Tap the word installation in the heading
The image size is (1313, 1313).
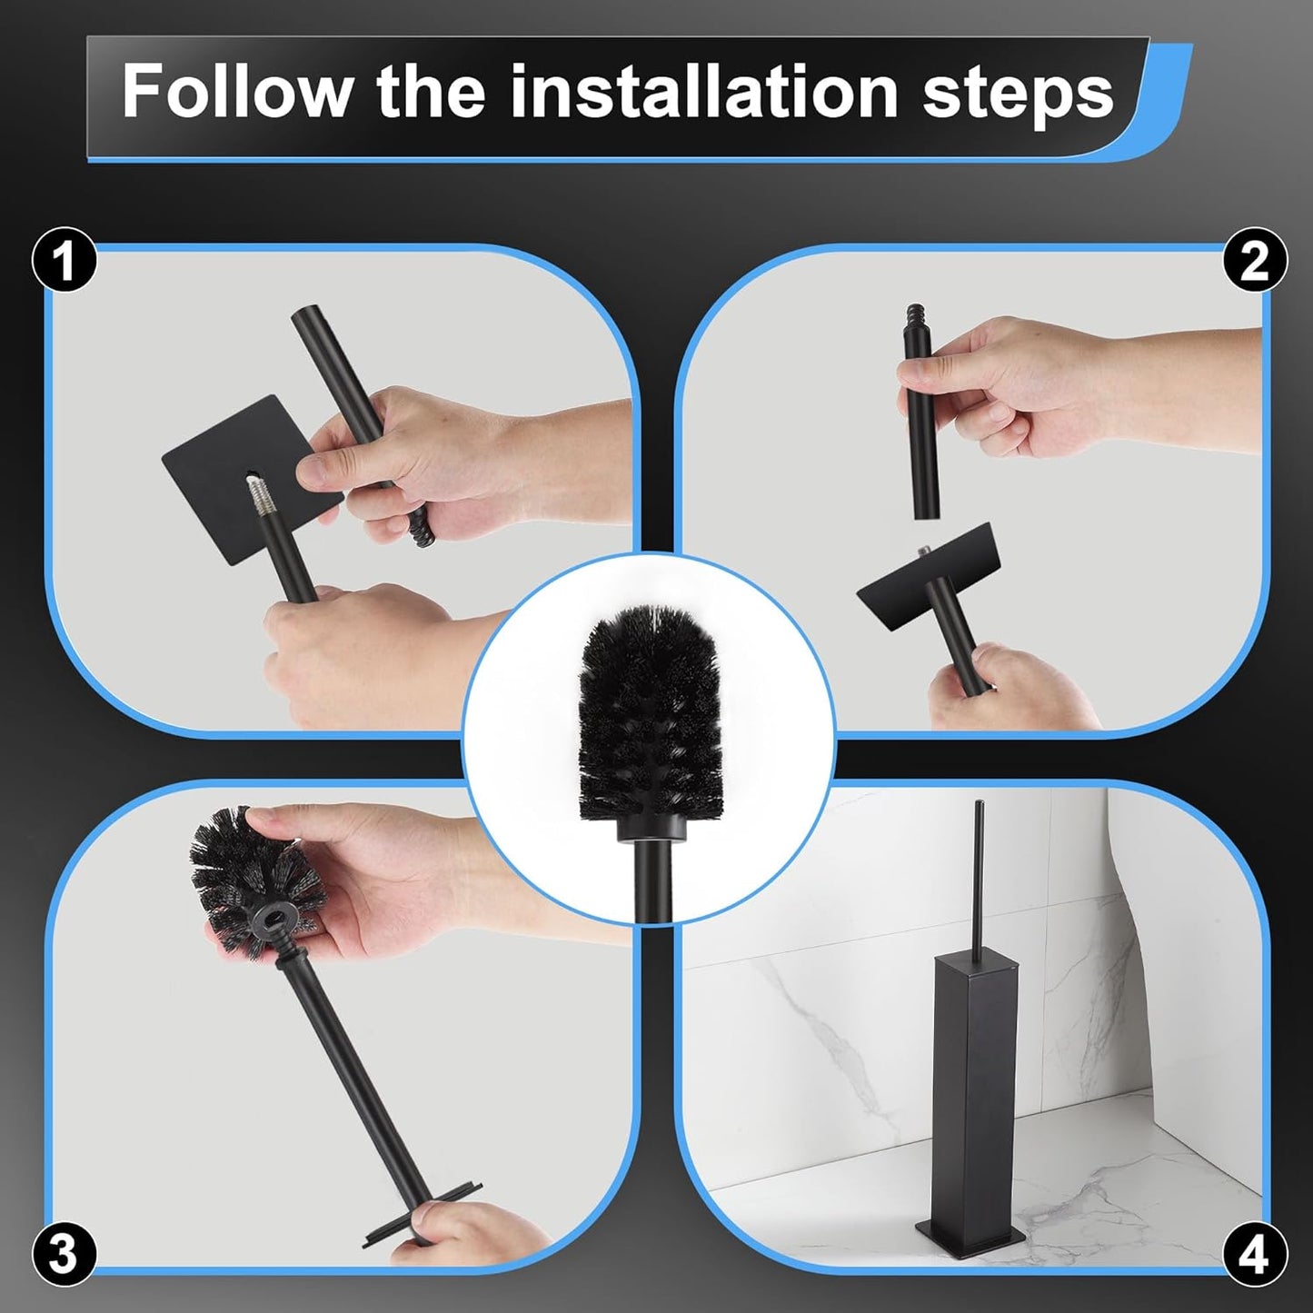click(x=703, y=91)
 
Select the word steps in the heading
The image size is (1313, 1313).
click(x=1018, y=93)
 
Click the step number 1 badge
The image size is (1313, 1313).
click(x=64, y=261)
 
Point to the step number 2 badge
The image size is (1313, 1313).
click(x=1254, y=261)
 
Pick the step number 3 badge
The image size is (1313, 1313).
click(x=64, y=1254)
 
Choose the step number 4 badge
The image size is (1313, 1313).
click(x=1254, y=1255)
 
